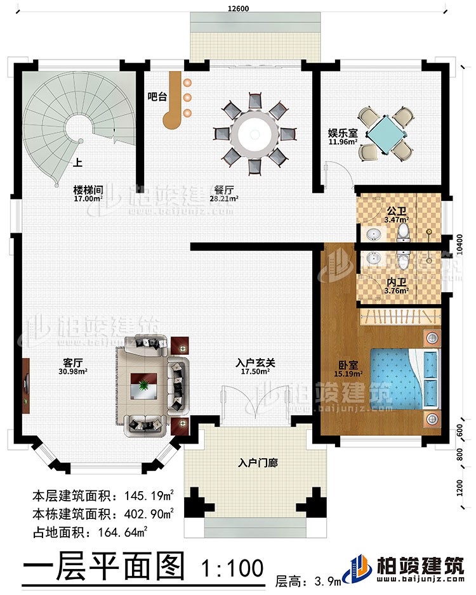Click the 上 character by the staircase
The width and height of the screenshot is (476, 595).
coord(77,161)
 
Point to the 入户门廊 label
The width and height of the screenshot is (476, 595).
coord(254,463)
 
